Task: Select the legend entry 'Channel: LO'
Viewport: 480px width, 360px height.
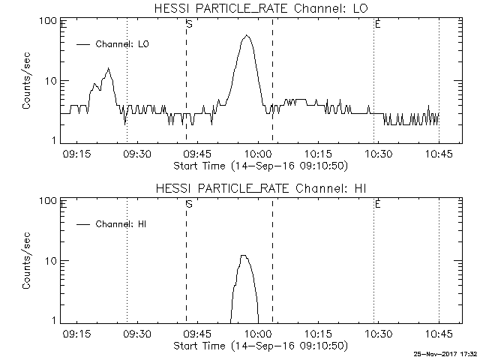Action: tap(123, 44)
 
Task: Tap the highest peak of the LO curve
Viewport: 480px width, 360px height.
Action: tap(247, 35)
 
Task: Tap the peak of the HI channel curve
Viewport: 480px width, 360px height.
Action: tap(243, 256)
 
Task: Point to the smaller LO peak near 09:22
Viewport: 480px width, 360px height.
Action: tap(109, 69)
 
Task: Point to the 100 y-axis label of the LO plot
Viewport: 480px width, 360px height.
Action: tap(49, 21)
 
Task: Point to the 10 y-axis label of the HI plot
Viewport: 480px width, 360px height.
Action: tap(51, 261)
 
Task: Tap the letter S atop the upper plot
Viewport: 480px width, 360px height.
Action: tap(189, 25)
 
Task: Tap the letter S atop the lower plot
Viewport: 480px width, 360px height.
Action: tap(189, 205)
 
